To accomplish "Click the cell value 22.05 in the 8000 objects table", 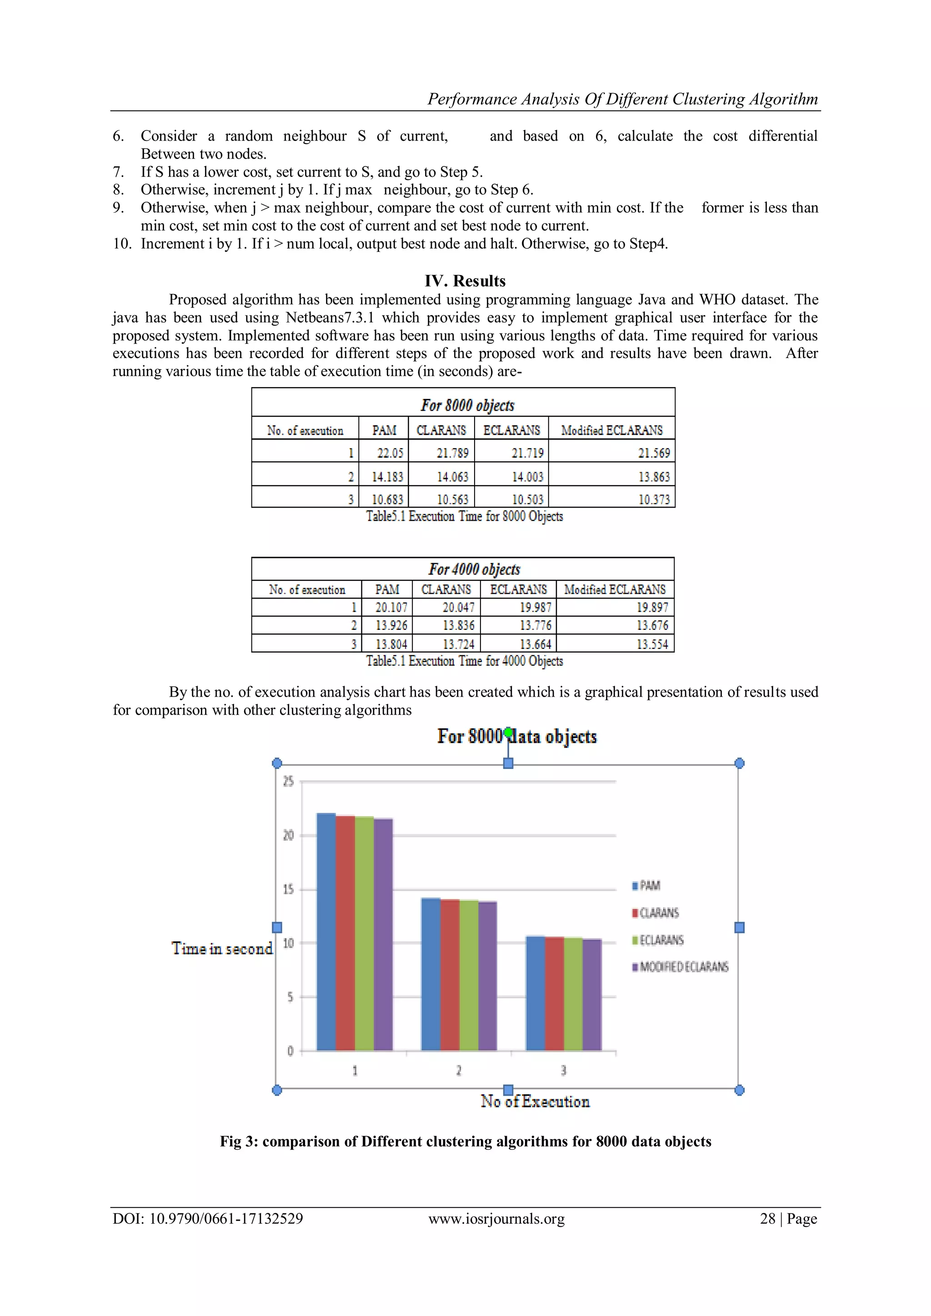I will pos(390,453).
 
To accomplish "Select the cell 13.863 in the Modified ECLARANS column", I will pos(654,476).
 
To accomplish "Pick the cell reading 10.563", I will pos(452,499).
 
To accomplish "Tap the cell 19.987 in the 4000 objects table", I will pos(536,607).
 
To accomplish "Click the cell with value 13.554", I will pos(652,644).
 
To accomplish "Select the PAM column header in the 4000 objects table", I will pos(387,589).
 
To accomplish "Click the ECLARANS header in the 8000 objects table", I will pos(511,430).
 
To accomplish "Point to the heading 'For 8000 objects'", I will pos(467,405).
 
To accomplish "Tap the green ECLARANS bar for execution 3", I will pos(573,994).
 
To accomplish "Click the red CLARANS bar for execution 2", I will pos(450,974).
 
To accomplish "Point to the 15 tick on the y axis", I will pos(288,889).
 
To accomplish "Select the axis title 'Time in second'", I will pos(222,948).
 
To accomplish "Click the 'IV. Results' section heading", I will pos(465,281).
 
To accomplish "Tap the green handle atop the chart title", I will pos(508,733).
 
